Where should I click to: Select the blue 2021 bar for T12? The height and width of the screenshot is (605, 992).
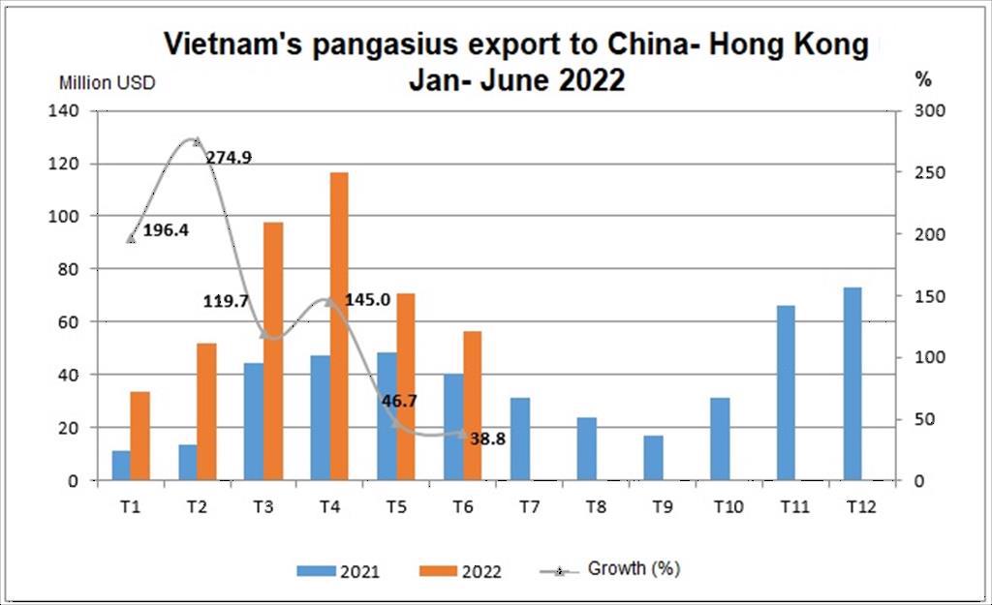[852, 383]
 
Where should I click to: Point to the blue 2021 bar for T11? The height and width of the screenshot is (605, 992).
[786, 392]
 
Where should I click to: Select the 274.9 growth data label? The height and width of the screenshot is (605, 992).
[230, 156]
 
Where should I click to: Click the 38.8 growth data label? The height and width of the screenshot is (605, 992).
[487, 439]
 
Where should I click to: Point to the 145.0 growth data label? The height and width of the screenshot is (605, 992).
[367, 300]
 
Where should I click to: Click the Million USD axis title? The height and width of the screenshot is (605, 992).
[107, 82]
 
